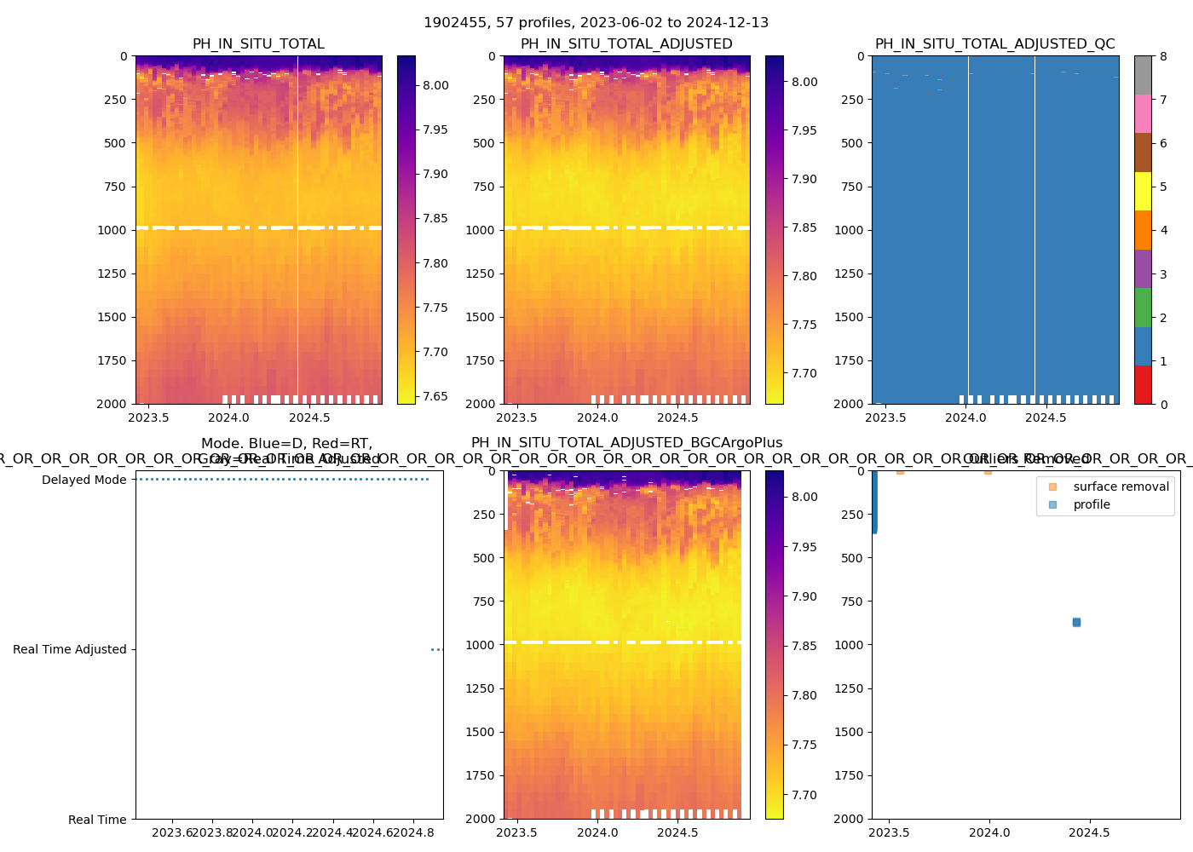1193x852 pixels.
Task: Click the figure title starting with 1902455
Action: tap(596, 23)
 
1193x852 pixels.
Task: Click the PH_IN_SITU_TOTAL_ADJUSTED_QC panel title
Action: tap(994, 44)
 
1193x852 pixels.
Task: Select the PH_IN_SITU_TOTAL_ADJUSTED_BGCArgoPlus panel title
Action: tap(626, 443)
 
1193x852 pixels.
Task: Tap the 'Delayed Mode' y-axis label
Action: tap(84, 480)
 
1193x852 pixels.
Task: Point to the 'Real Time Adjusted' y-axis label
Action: tap(69, 649)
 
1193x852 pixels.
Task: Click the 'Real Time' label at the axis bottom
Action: tap(97, 820)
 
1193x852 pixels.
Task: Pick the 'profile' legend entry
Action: tap(1092, 504)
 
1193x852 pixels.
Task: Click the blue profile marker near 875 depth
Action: tap(1076, 623)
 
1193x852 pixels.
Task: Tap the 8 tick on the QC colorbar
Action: tap(1163, 56)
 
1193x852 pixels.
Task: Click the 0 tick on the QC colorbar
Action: tap(1163, 404)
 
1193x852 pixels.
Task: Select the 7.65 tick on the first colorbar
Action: tap(435, 395)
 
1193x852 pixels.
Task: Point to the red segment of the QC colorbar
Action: tap(1143, 384)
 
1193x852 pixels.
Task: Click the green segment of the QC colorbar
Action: tap(1143, 307)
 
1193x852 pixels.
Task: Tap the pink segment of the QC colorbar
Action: tap(1143, 113)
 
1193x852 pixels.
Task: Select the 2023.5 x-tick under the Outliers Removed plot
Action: tap(890, 832)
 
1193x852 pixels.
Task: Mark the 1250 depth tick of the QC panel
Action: tap(850, 273)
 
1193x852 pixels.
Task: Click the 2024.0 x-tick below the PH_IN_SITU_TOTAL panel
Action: tap(228, 417)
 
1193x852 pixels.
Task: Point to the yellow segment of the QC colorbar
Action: tap(1143, 191)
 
